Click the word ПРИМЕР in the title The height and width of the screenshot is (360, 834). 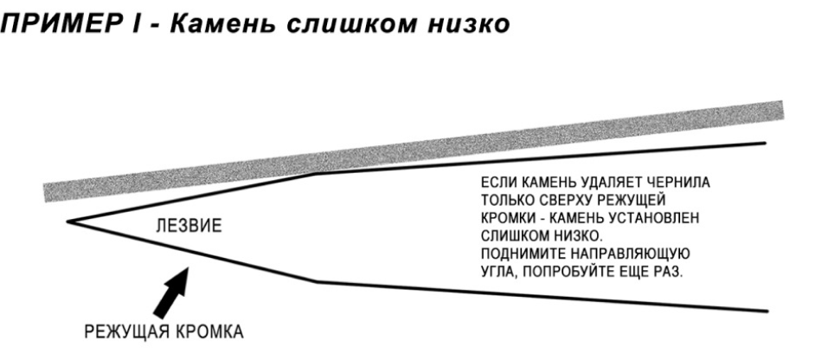(64, 24)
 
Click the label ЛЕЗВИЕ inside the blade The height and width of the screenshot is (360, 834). (189, 226)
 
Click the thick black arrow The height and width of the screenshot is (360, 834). (171, 292)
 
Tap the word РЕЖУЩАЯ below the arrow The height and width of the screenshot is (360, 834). (126, 332)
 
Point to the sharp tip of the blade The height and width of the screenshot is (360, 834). (67, 222)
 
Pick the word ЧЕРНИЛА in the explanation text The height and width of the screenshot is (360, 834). (677, 183)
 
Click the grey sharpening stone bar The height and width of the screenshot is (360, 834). (414, 151)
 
